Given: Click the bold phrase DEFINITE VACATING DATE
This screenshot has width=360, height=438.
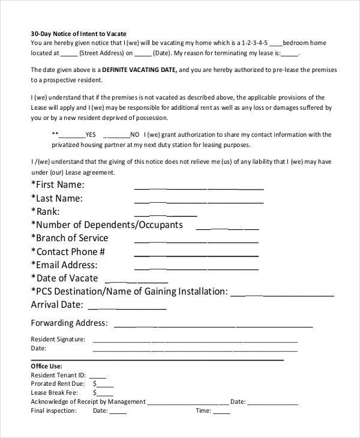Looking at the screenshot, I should point(144,70).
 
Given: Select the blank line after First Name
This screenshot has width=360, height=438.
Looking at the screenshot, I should point(199,186).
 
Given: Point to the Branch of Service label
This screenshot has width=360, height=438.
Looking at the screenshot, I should point(70,238).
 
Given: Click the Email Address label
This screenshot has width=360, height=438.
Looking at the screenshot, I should point(64,265).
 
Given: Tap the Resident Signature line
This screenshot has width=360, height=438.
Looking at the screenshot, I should point(195,340).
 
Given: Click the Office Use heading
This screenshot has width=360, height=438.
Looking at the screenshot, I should point(46,365).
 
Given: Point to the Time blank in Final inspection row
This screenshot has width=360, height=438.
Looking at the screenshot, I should point(221,412).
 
